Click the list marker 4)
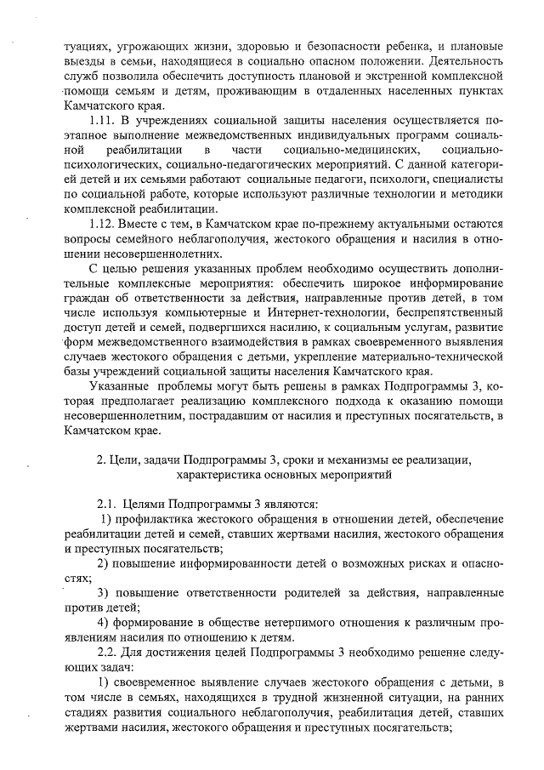104,623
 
